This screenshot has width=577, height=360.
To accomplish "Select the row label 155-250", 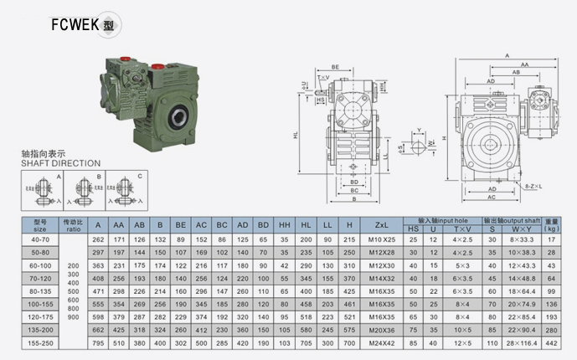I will pos(40,343).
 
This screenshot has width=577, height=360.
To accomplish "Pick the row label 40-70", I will pos(40,239).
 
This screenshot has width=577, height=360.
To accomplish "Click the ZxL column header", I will pos(381,225).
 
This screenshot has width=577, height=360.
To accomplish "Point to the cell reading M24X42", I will pos(381,343).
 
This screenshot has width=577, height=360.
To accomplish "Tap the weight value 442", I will pos(551,343).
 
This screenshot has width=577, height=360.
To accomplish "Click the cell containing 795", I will pos(98,343).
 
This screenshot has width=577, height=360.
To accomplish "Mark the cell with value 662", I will pos(98,331).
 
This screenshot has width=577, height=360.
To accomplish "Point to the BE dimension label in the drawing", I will pos(335,65).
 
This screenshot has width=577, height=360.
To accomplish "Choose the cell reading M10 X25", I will pos(381,239).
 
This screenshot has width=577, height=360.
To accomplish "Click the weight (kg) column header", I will pos(551,225).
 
